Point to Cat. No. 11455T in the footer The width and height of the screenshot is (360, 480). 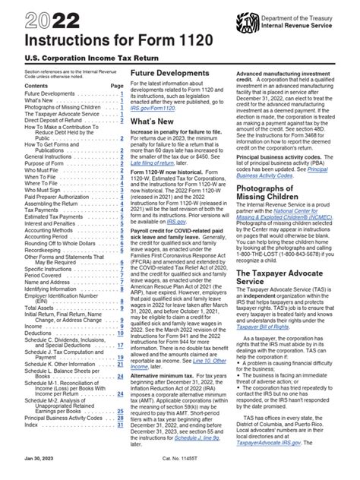(x=179, y=470)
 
